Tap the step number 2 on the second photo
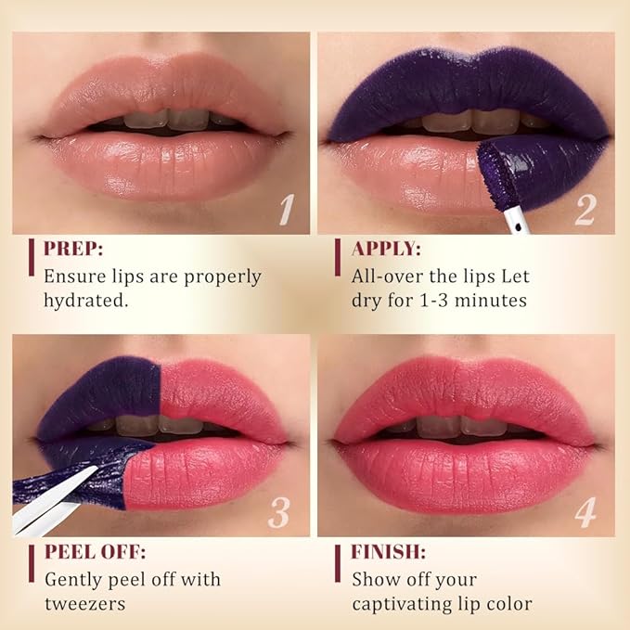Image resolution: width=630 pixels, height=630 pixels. tap(585, 209)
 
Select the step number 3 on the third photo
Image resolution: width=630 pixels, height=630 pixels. tap(279, 511)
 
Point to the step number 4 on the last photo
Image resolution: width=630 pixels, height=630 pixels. tap(585, 511)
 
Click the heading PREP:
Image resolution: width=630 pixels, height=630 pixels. tap(74, 249)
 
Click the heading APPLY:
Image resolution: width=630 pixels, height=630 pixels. tap(386, 249)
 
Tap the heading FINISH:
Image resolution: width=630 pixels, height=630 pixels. tap(388, 552)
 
